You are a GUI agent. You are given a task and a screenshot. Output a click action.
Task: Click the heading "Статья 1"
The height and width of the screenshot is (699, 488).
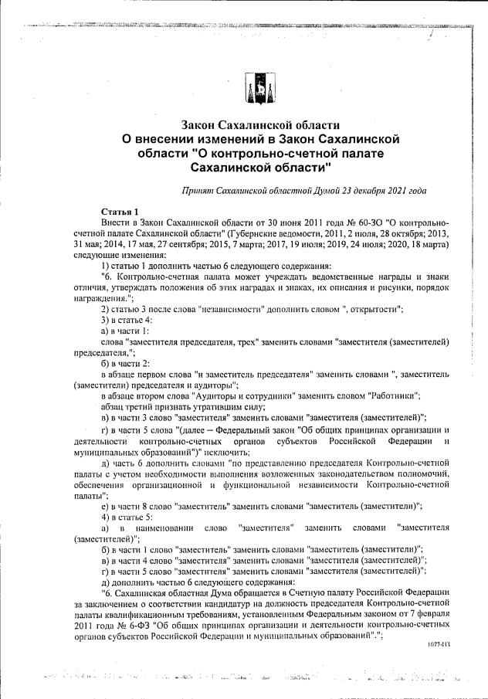click(120, 211)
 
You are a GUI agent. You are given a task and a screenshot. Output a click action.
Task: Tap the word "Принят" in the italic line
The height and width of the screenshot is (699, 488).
click(198, 189)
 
